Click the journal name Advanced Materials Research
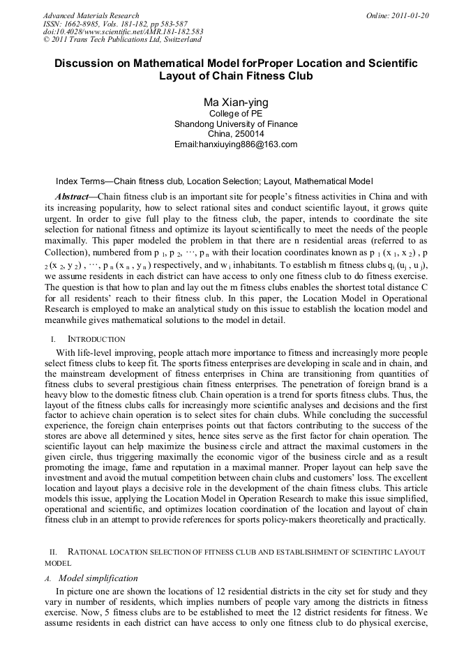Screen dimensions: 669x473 coord(91,15)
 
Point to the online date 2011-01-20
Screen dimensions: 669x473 coord(410,15)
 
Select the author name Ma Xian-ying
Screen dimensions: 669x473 coord(236,103)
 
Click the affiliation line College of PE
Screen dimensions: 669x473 coord(236,114)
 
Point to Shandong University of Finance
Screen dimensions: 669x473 coord(236,124)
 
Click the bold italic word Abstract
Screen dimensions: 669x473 coord(72,197)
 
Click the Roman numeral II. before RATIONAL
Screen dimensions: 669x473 coord(50,552)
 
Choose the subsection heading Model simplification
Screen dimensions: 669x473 coord(98,578)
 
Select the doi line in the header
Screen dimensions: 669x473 coord(123,31)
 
